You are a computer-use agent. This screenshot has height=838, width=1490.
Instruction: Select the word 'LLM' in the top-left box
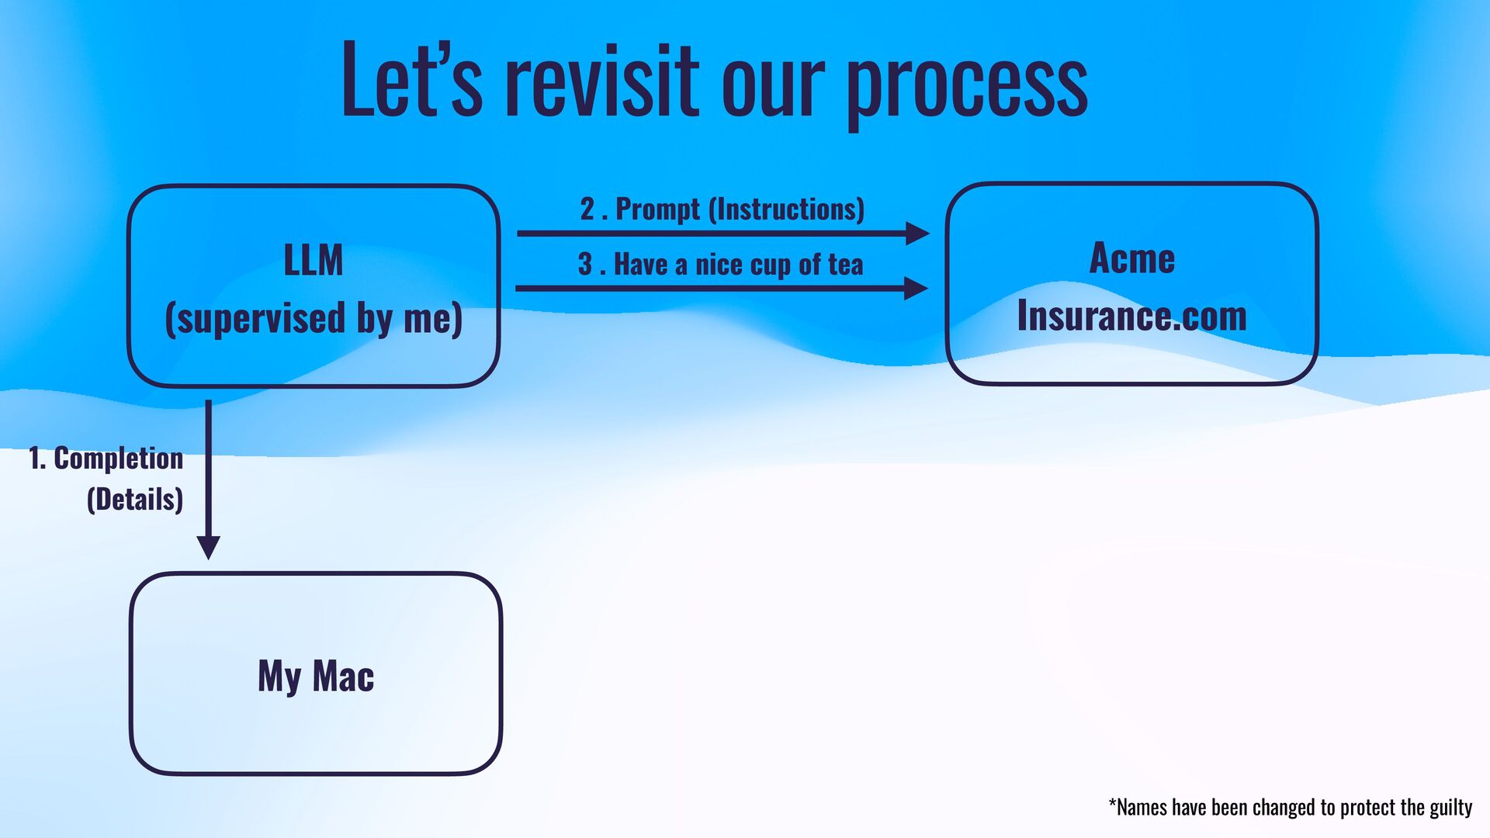(313, 261)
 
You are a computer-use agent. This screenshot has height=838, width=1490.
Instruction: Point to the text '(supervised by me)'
(314, 319)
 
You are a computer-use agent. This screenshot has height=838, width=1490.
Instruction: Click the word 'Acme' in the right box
(1131, 258)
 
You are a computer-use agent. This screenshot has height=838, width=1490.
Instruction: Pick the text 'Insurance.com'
(1131, 317)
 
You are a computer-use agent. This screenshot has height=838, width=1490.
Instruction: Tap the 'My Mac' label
(316, 676)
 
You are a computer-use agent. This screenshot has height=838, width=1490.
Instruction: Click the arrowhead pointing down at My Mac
(208, 546)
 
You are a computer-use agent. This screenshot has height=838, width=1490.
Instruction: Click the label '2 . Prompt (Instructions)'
(722, 209)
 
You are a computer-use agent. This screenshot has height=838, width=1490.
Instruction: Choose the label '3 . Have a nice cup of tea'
(720, 265)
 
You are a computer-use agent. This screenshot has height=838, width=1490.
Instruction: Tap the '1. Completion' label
(106, 459)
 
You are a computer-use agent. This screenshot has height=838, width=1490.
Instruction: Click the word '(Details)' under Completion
(135, 500)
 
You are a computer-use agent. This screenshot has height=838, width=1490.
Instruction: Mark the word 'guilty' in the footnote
(1450, 808)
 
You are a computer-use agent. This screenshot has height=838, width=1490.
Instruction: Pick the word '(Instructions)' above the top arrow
(787, 209)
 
